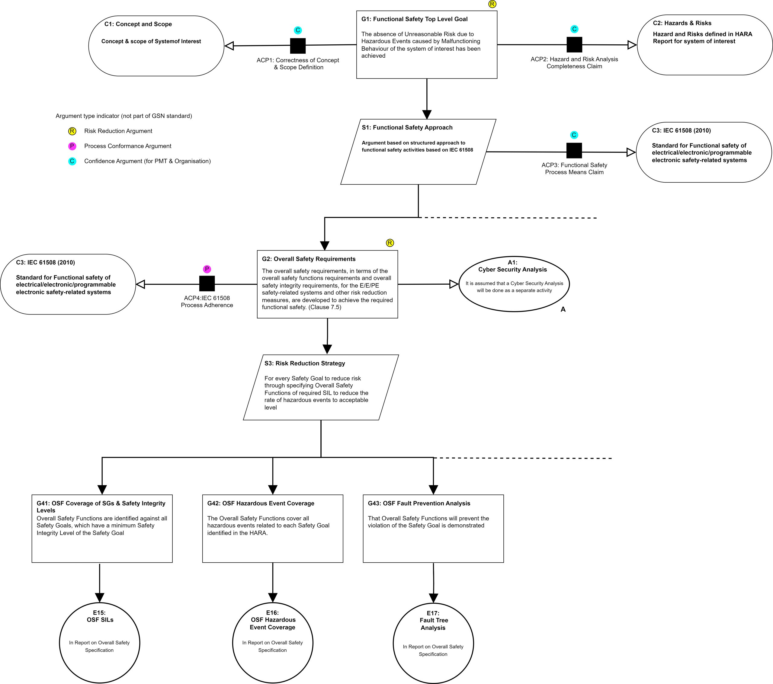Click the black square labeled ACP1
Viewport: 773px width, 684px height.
tap(298, 46)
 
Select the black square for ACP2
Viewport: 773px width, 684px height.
tap(574, 45)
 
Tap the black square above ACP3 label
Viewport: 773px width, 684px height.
tap(574, 151)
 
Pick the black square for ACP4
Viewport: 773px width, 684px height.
tap(207, 283)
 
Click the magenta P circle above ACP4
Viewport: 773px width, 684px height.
tap(207, 269)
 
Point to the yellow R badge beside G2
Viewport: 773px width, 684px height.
tap(390, 243)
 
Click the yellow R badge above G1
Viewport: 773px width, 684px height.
tap(492, 4)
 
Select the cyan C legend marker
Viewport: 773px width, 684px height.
tap(72, 161)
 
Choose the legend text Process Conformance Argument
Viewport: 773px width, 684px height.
tap(128, 146)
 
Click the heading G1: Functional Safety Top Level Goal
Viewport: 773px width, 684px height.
tap(415, 19)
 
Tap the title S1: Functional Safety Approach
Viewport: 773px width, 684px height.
tap(407, 127)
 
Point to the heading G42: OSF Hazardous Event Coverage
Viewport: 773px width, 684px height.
tap(261, 503)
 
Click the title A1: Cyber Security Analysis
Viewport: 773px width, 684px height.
tap(512, 266)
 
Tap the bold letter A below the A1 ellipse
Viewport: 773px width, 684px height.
tap(563, 309)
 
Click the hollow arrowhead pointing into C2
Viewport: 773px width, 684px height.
tap(632, 45)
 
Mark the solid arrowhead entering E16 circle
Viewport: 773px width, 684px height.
tap(273, 598)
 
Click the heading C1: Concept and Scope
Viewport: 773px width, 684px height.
tap(138, 24)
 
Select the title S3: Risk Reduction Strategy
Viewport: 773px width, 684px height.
tap(305, 363)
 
